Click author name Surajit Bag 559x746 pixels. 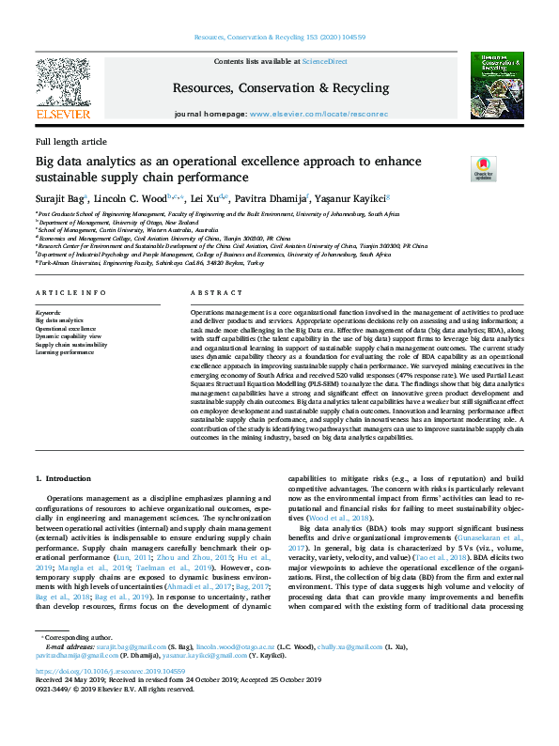pyautogui.click(x=60, y=198)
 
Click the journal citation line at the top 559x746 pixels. pyautogui.click(x=279, y=37)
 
